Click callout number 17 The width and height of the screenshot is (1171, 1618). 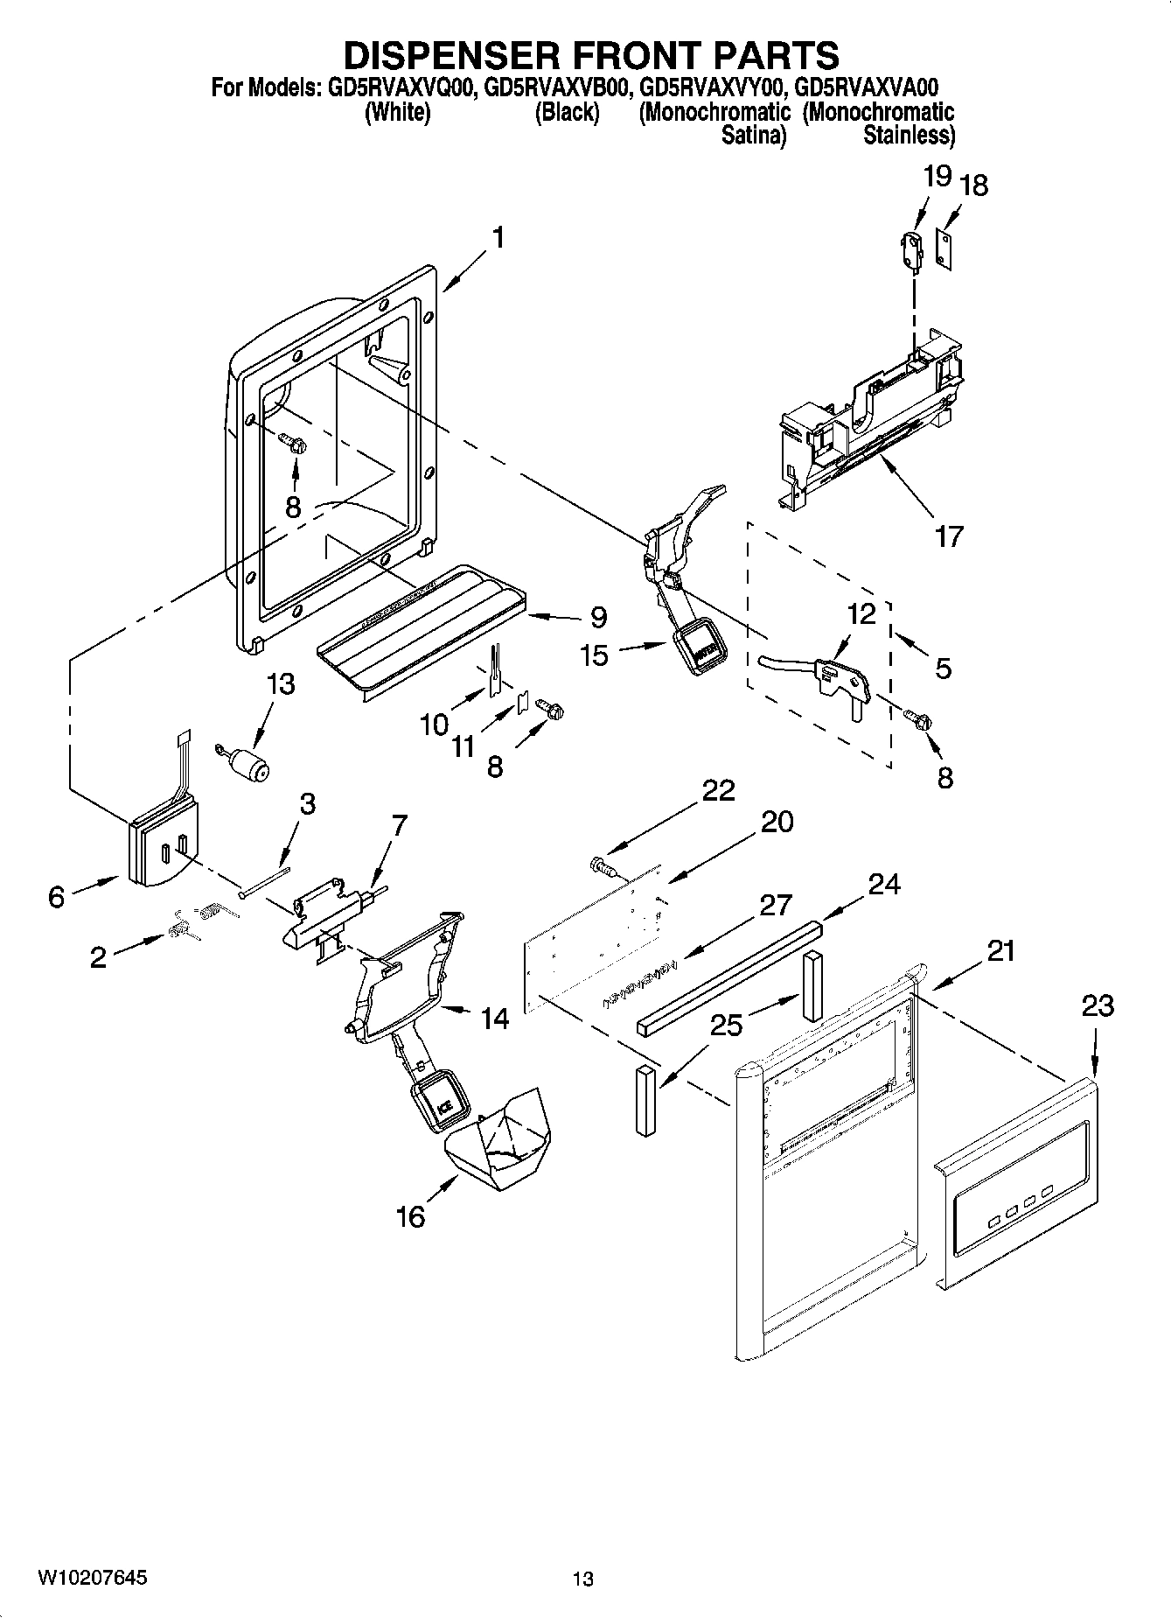coord(948,535)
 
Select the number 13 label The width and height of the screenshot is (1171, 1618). coord(280,683)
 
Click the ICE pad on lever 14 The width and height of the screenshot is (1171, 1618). coord(441,1104)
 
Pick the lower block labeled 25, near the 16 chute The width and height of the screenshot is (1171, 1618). coord(645,1099)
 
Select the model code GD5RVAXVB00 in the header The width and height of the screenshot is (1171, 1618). coord(559,88)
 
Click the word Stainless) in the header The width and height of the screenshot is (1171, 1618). coord(909,136)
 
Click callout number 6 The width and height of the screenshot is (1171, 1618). coord(56,896)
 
